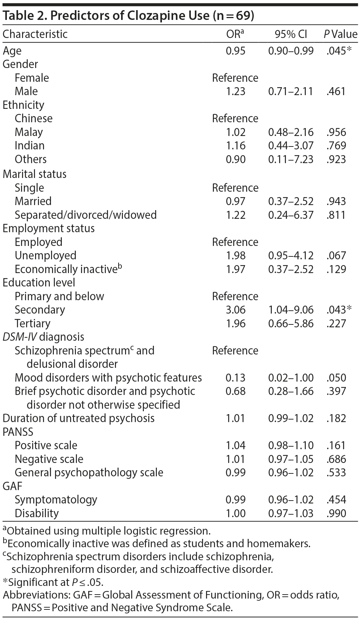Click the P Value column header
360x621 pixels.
coord(340,34)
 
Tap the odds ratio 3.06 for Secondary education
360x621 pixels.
coord(235,310)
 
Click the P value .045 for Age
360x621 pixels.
coord(336,51)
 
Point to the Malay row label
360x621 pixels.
coord(29,132)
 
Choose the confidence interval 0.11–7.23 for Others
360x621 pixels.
coord(291,159)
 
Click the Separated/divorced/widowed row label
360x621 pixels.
coord(86,215)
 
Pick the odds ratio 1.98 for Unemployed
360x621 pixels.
coord(235,256)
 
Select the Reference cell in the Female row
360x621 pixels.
coord(235,78)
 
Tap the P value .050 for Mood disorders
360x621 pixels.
coord(336,378)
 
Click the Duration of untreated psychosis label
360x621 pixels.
coord(78,418)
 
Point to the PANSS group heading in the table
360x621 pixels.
coord(18,432)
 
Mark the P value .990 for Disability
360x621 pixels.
coord(336,513)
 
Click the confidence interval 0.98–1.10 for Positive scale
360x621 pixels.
coord(291,446)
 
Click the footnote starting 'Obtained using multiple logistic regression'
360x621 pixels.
coord(107,531)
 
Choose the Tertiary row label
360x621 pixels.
coord(33,323)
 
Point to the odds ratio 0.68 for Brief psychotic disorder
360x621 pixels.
coord(235,391)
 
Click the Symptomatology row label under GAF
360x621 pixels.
coord(56,500)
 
